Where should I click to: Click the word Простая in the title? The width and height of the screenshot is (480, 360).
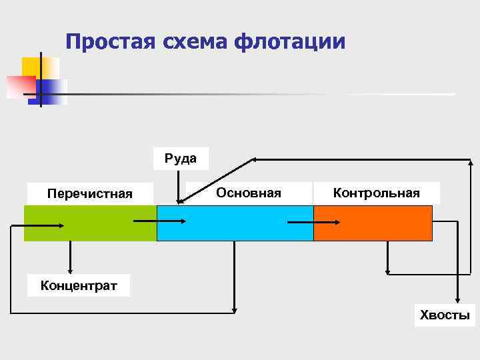[109, 41]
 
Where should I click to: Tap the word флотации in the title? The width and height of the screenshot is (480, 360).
[289, 41]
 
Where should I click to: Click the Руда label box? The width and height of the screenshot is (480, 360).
[180, 159]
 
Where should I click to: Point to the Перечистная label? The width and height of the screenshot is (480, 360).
[90, 193]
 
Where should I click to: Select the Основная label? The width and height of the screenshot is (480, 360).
[249, 193]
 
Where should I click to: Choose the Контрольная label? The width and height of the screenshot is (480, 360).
[377, 193]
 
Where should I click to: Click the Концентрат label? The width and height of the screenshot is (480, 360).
[79, 286]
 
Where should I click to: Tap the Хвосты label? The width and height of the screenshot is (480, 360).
[445, 315]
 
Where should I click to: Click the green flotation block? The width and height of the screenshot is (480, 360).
[90, 223]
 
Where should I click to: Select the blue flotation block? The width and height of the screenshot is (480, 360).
[235, 223]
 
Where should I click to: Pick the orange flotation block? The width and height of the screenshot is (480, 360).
[373, 223]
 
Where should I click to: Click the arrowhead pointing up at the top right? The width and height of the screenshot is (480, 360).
[471, 162]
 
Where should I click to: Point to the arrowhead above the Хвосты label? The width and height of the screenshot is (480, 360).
[457, 299]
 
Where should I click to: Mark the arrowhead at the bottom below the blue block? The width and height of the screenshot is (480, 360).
[234, 309]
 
